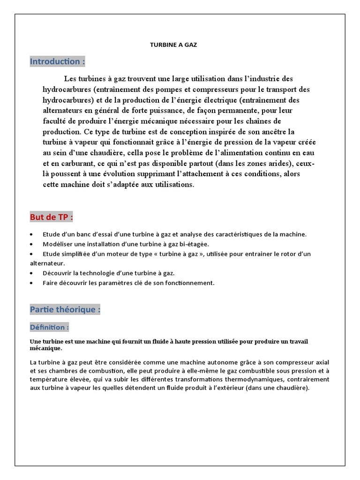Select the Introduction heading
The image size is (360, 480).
point(58,61)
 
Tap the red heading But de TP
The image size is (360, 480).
point(51,217)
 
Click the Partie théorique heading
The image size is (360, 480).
point(65,310)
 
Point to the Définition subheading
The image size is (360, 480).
point(49,327)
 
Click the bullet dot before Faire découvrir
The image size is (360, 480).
point(31,283)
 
